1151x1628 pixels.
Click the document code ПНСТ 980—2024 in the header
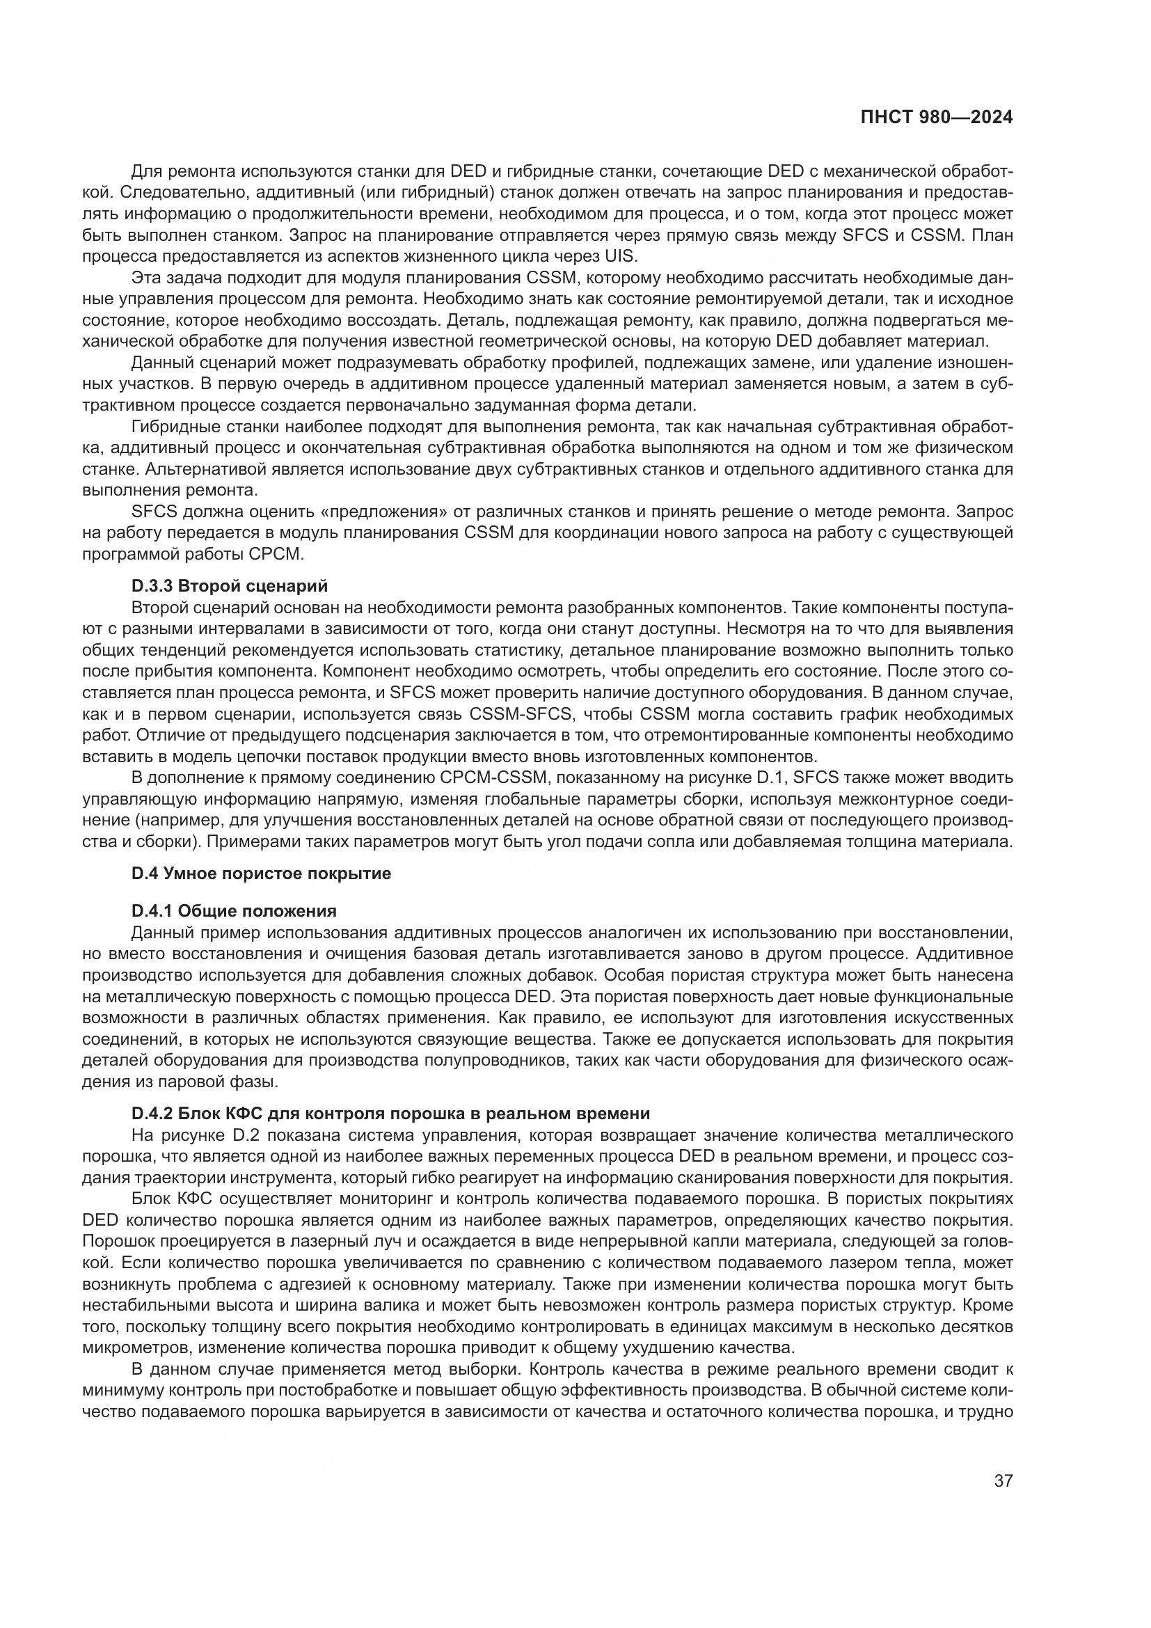[936, 118]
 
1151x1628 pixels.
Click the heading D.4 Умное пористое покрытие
[261, 873]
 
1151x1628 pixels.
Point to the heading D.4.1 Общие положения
[234, 910]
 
